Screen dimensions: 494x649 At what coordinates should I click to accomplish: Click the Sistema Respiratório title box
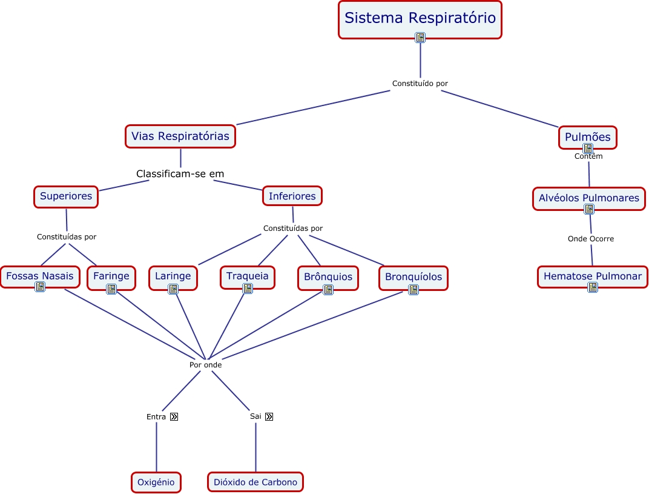pyautogui.click(x=420, y=18)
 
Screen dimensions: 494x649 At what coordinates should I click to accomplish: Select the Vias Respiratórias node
pyautogui.click(x=180, y=136)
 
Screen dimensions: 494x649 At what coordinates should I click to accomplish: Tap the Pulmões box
pyautogui.click(x=587, y=137)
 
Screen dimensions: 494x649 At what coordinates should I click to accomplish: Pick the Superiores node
pyautogui.click(x=66, y=196)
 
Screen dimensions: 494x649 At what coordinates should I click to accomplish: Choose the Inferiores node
pyautogui.click(x=292, y=196)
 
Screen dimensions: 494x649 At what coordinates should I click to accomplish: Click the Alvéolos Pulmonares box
pyautogui.click(x=588, y=198)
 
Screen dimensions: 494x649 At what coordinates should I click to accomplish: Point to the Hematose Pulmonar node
pyautogui.click(x=592, y=276)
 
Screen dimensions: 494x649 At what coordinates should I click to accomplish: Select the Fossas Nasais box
pyautogui.click(x=40, y=276)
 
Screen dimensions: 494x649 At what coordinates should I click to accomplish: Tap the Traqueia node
pyautogui.click(x=247, y=276)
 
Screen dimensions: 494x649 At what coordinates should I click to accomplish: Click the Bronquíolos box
pyautogui.click(x=413, y=277)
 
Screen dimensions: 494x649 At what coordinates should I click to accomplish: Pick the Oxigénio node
pyautogui.click(x=156, y=482)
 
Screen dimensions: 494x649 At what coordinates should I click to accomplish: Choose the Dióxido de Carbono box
pyautogui.click(x=255, y=482)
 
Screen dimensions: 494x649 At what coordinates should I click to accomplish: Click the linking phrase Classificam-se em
pyautogui.click(x=180, y=174)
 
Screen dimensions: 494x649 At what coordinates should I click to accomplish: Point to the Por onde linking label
pyautogui.click(x=205, y=365)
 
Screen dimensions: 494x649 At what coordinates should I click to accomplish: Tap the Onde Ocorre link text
pyautogui.click(x=590, y=239)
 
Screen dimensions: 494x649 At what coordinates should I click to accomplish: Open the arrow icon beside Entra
pyautogui.click(x=174, y=417)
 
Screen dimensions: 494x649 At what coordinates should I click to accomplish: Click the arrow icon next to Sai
pyautogui.click(x=269, y=417)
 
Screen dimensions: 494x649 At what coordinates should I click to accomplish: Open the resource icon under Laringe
pyautogui.click(x=173, y=289)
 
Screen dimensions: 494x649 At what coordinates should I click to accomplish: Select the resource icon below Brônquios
pyautogui.click(x=328, y=290)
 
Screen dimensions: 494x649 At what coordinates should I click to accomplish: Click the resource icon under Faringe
pyautogui.click(x=111, y=289)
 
